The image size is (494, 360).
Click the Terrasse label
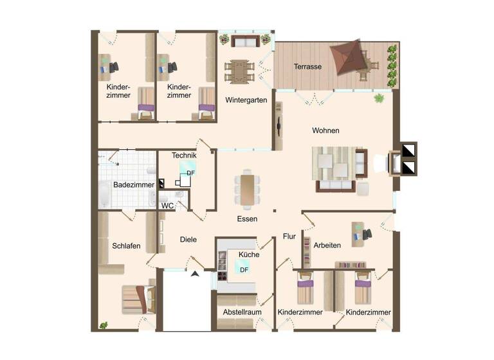click(307, 67)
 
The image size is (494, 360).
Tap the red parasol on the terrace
click(349, 57)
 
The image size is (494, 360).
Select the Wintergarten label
click(246, 100)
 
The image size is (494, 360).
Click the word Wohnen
click(325, 130)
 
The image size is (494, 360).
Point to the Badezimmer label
click(134, 185)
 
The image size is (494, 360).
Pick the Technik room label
click(184, 156)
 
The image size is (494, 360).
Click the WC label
click(167, 206)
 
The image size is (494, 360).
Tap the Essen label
click(247, 219)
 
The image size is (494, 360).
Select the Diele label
click(188, 240)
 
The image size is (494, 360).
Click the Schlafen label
click(126, 246)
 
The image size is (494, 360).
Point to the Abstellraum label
click(241, 312)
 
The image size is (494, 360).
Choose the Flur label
click(289, 237)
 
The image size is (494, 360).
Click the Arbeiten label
click(327, 245)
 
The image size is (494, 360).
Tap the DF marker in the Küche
click(244, 269)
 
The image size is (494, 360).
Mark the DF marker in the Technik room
click(190, 173)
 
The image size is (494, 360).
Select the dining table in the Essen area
click(248, 189)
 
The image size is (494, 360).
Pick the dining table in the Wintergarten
click(239, 70)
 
